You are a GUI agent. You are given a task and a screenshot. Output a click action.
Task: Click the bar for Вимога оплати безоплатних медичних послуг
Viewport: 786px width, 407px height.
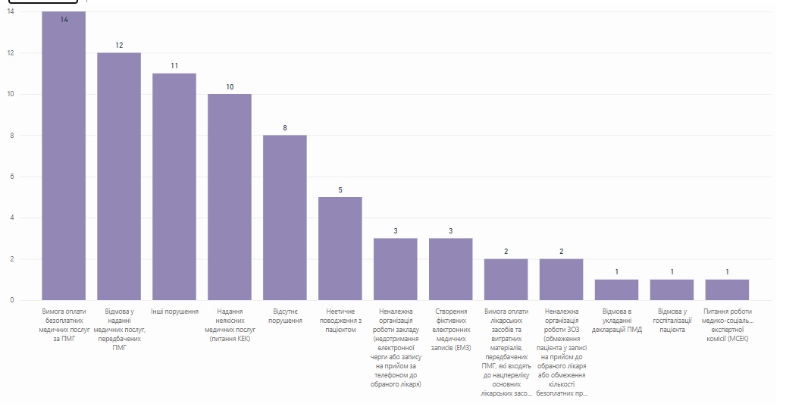64,159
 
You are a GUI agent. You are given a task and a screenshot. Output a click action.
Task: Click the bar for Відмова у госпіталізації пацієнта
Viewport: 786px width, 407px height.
672,290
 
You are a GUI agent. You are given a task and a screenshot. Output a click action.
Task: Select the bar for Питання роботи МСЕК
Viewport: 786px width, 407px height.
727,290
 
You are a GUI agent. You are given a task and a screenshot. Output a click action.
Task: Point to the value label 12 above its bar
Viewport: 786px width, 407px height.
119,45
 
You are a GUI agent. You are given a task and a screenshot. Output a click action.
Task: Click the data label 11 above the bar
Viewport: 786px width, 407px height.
174,66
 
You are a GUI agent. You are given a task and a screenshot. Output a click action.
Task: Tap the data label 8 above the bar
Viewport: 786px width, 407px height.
285,128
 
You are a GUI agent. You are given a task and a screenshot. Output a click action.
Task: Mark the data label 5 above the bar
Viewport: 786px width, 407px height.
340,189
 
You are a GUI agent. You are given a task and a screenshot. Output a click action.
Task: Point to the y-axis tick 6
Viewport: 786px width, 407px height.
11,177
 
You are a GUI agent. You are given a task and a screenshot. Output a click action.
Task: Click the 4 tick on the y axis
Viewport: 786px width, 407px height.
11,218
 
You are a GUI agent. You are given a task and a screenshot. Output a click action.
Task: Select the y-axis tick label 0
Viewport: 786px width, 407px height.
11,300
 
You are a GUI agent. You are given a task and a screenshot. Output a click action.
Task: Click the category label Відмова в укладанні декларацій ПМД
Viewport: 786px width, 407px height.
616,320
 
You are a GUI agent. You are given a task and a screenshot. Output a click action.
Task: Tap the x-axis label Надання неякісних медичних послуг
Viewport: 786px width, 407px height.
230,324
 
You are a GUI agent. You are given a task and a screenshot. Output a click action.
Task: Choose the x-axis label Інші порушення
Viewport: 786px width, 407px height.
174,311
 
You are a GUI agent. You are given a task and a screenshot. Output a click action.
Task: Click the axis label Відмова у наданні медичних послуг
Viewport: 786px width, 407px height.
119,329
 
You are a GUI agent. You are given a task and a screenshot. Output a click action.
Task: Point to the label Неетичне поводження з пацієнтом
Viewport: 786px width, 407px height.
340,320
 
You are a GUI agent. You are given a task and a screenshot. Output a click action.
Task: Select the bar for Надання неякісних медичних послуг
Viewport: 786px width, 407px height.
230,197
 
